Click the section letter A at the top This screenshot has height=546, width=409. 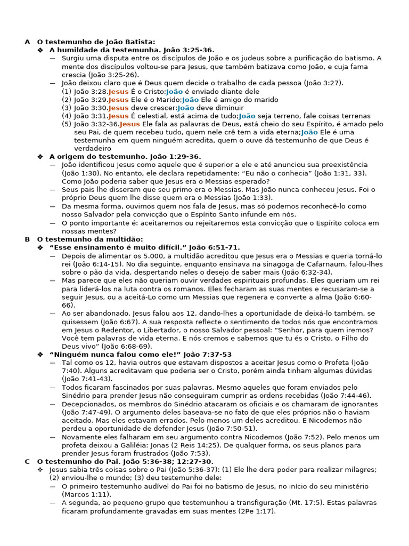(27, 42)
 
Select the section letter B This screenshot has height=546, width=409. (27, 239)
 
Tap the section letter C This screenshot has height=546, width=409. (27, 461)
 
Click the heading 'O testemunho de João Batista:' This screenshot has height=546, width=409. (96, 42)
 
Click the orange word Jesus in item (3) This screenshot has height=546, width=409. (118, 108)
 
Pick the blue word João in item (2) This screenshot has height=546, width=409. (190, 100)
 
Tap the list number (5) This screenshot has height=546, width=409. (67, 124)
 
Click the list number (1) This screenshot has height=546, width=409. (67, 92)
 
